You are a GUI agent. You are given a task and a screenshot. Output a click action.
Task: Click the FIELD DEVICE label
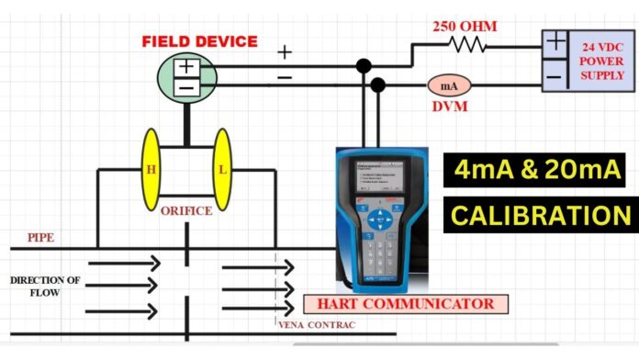(x=200, y=41)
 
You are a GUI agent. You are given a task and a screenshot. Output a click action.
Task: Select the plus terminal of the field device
(x=185, y=67)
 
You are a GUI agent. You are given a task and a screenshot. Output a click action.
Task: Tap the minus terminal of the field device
(x=185, y=87)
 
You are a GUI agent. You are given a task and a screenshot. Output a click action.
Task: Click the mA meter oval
(x=450, y=85)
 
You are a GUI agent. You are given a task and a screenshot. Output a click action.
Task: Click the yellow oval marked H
(x=151, y=168)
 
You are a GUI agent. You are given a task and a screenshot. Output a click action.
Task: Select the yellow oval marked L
(x=221, y=168)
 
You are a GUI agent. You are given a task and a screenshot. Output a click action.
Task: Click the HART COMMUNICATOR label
(x=406, y=304)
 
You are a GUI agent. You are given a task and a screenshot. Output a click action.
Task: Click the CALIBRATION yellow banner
(x=539, y=215)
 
